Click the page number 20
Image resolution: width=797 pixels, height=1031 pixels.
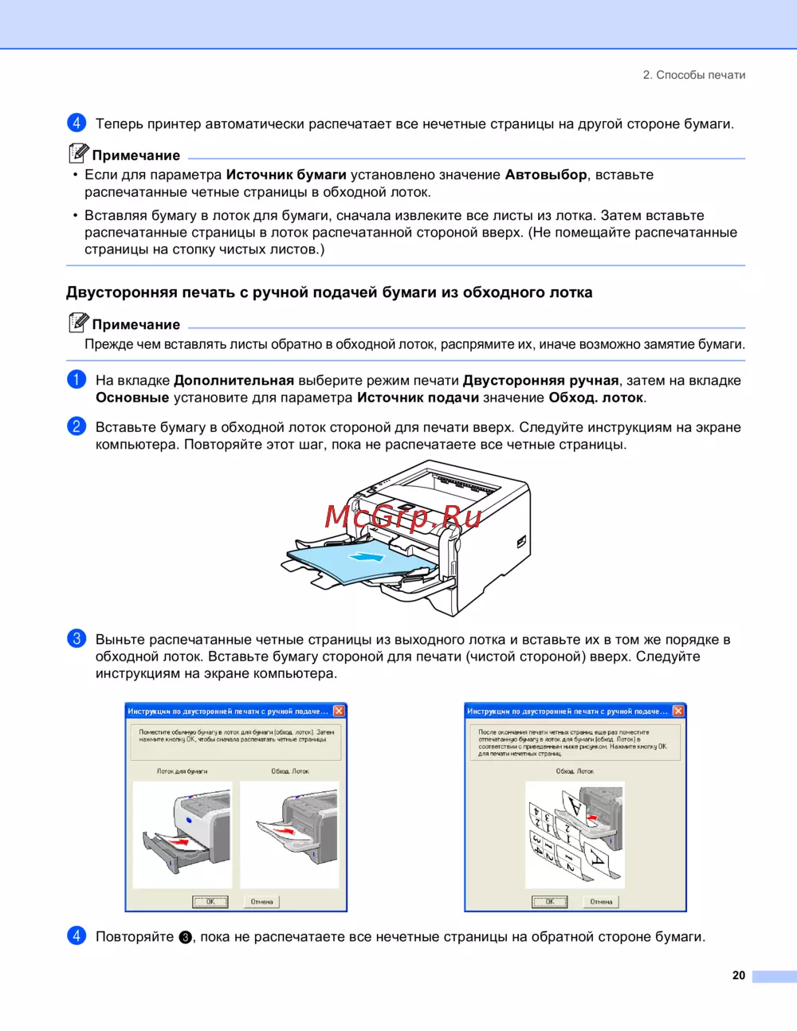739,975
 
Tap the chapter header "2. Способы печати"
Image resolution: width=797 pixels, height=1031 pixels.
694,75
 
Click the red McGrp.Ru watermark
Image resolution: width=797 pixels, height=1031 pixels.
403,516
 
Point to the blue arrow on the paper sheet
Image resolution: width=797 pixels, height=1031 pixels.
367,557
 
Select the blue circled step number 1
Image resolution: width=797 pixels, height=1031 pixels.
77,379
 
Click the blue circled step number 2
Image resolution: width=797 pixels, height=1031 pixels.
77,426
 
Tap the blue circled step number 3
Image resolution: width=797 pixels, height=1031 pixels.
77,638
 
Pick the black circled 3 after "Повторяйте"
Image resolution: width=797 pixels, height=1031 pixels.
185,938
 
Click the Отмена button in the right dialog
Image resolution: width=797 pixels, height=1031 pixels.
601,902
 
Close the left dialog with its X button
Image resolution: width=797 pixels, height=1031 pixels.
339,711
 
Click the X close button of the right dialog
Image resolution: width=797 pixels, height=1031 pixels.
678,711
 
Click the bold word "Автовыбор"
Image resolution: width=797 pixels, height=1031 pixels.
546,174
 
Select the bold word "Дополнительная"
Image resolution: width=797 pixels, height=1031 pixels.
234,380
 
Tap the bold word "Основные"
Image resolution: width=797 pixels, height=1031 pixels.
132,398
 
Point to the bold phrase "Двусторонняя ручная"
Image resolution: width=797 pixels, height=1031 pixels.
540,380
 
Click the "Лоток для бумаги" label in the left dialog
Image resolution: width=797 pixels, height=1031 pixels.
182,771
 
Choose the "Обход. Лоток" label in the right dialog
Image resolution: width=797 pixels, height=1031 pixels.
575,771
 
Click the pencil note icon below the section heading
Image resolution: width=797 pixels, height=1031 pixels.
78,322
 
